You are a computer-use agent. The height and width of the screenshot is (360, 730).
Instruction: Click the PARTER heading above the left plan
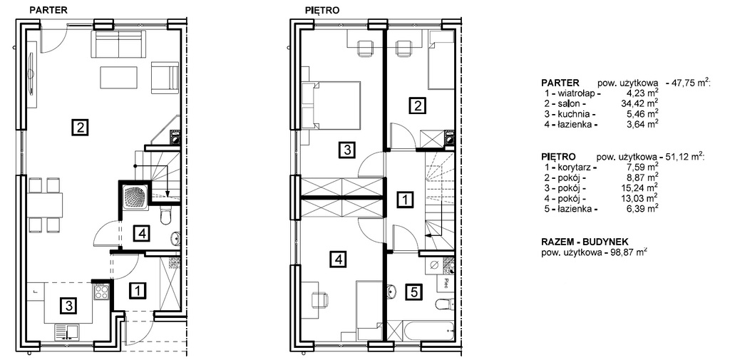(x=49, y=9)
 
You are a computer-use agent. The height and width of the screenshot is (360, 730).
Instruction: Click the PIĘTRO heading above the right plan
(x=322, y=9)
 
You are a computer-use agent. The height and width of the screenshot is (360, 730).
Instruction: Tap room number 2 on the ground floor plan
(x=80, y=127)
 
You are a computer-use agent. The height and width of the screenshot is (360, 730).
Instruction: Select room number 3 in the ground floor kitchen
(x=68, y=306)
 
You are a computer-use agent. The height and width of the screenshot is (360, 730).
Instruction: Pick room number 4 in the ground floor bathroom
(x=143, y=234)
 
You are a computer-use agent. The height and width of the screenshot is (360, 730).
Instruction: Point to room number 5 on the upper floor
(x=416, y=292)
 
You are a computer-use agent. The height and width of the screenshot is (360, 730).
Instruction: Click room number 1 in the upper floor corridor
(x=405, y=201)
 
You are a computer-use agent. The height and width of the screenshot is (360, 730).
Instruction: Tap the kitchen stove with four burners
(x=101, y=292)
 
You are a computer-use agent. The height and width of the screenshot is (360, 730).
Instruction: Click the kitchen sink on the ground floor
(x=68, y=332)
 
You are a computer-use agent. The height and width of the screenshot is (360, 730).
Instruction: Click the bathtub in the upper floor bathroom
(x=428, y=331)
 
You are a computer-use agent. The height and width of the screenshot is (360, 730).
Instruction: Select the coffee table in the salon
(x=118, y=78)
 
